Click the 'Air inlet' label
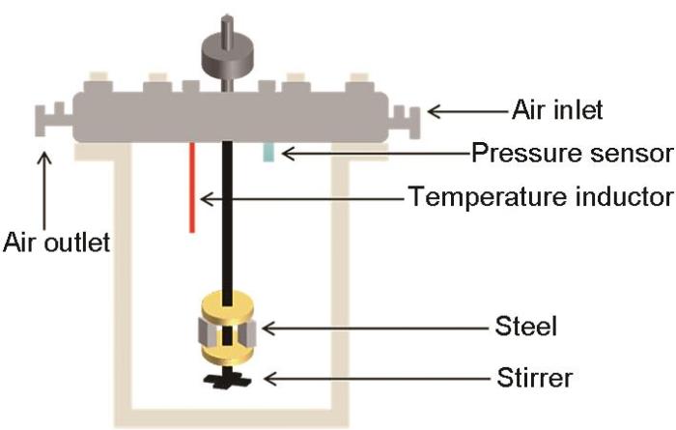pos(557,111)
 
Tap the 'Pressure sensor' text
pos(571,153)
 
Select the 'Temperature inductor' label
pos(540,197)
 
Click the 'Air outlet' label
pos(55,242)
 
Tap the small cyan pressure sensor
pos(270,153)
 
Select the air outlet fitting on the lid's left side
pos(47,122)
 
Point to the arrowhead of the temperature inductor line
pos(205,197)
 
